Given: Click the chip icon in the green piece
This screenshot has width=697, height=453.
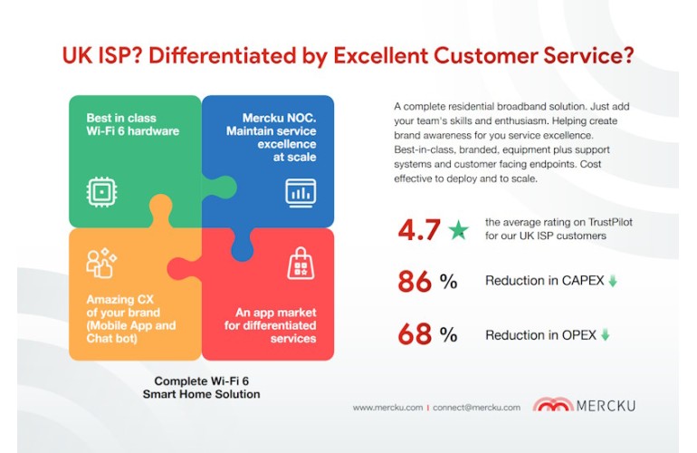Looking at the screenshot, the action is (101, 192).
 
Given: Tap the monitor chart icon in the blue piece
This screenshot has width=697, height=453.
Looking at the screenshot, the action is (301, 193).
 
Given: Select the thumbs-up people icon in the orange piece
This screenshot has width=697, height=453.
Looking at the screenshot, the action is (101, 263).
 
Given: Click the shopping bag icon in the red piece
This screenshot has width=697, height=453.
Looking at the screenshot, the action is (301, 264).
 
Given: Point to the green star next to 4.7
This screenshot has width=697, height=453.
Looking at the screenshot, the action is (458, 229).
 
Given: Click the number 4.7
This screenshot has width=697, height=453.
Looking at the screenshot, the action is (419, 229).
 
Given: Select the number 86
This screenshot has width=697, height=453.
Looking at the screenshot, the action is (415, 282).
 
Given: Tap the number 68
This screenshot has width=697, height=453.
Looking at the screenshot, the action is (415, 334).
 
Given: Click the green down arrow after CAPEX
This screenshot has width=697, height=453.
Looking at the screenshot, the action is (613, 281).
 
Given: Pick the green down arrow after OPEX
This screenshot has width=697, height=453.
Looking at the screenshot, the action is (605, 334).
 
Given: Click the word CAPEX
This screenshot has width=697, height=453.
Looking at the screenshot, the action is (583, 281).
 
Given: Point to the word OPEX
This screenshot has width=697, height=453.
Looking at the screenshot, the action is (579, 334).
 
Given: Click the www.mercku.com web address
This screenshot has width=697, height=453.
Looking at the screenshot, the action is (387, 407).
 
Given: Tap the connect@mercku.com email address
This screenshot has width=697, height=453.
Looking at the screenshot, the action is (476, 407).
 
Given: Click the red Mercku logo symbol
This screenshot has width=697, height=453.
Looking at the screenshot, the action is (553, 404).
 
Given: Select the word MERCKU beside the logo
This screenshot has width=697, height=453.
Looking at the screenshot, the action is (606, 406).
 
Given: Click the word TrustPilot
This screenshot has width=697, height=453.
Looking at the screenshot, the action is (610, 222).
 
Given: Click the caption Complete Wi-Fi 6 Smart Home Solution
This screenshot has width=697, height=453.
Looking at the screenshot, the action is (201, 388).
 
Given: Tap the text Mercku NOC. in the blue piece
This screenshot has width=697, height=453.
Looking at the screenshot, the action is (279, 118).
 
